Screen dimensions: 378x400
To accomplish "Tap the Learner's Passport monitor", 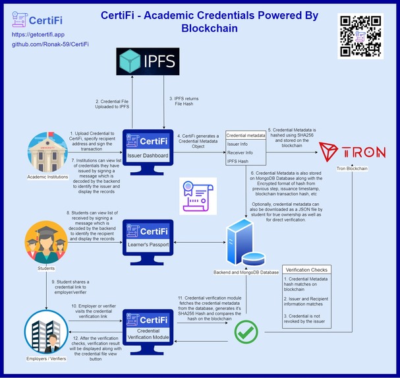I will tap(148, 239).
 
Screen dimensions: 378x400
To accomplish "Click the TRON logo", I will tap(352, 151).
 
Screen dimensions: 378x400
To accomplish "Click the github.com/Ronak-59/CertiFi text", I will tap(51, 44).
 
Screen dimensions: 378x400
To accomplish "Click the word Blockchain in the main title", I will tap(209, 28).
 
